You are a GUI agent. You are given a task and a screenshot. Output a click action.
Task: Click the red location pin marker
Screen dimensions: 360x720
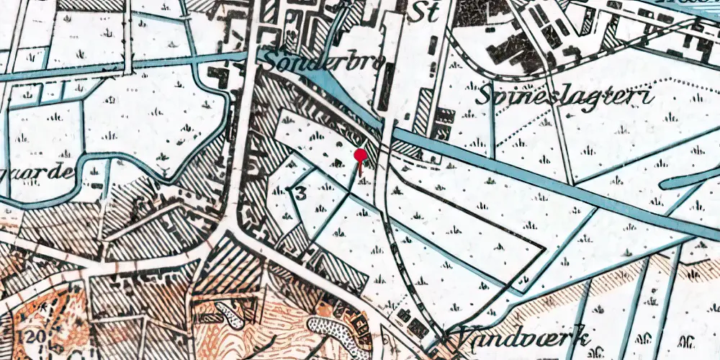tap(361, 156)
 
